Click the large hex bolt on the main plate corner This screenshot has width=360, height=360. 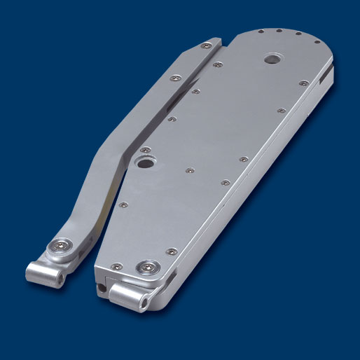click(148, 266)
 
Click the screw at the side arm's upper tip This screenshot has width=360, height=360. click(205, 46)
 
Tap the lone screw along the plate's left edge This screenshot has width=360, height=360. click(123, 205)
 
